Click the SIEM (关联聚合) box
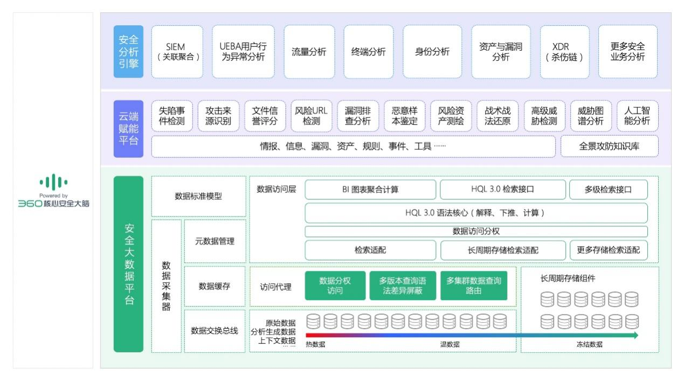coord(177,52)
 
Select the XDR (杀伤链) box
coord(564,52)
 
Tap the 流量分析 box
coord(309,52)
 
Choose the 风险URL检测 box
coord(311,116)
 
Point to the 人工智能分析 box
coord(637,116)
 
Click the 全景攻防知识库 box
coord(610,147)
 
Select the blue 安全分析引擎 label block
coord(129,52)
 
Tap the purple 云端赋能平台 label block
coord(129,129)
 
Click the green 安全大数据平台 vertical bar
coord(129,264)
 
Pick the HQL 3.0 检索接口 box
coord(502,190)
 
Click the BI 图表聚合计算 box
coord(370,190)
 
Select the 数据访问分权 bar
coord(476,231)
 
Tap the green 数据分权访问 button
coord(335,285)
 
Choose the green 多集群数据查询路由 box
coord(474,285)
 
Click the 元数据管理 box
coord(215,241)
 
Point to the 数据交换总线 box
coord(215,331)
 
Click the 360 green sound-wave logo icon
coord(53,182)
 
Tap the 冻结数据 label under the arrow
coord(589,345)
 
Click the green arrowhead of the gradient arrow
coord(635,335)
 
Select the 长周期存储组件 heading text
coord(568,278)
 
